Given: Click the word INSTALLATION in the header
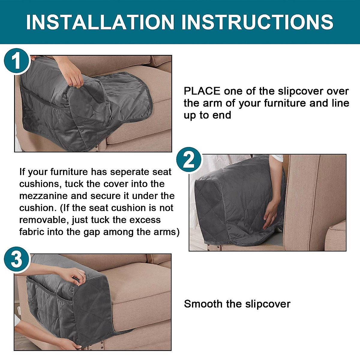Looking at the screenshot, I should point(100,22).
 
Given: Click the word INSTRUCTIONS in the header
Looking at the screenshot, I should point(257,22).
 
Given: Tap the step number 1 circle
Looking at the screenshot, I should point(16,61).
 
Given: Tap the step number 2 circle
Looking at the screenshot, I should point(188,160).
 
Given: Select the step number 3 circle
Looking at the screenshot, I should point(16,259).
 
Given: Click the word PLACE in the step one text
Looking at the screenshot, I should point(202,91).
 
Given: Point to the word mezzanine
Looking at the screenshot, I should point(43,196).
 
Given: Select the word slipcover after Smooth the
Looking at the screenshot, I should point(268,304).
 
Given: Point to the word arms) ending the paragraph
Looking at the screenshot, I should point(165,232).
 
